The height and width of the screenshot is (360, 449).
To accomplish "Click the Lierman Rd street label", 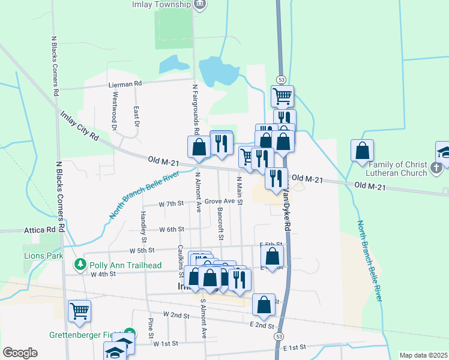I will tap(125, 84).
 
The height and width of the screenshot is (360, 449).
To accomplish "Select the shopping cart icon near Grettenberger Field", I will tap(79, 311).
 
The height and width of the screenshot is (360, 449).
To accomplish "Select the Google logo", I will tap(20, 353).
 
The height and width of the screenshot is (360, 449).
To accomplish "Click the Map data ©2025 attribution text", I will tap(423, 355).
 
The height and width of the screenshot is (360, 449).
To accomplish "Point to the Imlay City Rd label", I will tap(78, 125).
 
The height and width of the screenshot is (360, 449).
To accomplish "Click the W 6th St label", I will tap(171, 229).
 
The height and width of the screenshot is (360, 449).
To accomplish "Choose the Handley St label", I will tap(143, 223).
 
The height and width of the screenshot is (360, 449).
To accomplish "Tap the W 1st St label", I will tap(166, 344).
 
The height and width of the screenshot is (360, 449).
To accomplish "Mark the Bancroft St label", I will tap(220, 225).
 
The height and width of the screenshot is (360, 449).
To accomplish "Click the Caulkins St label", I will tap(180, 257).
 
